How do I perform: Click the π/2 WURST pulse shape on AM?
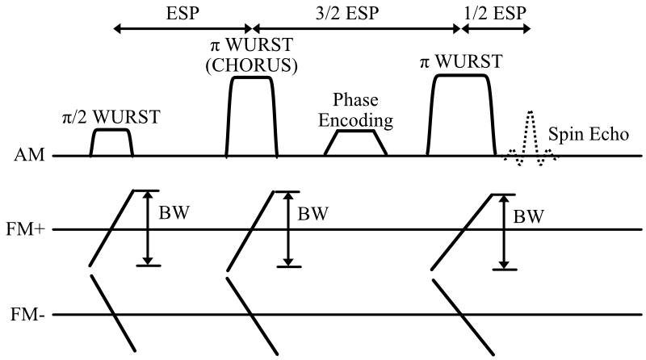(111, 141)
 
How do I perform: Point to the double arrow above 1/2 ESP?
(496, 29)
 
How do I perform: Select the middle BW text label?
(313, 215)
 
